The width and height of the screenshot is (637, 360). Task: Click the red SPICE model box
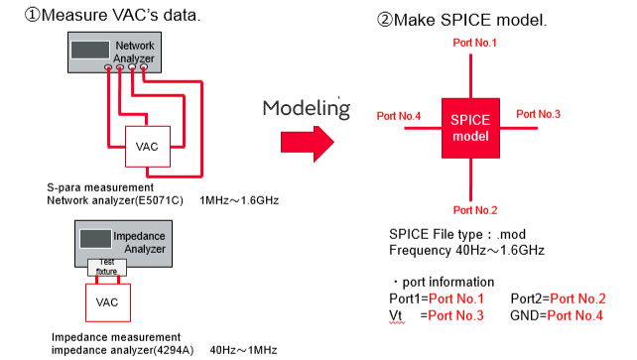click(x=470, y=128)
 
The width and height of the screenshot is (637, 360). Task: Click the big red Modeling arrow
click(x=308, y=144)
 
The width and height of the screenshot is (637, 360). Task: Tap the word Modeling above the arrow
click(x=306, y=108)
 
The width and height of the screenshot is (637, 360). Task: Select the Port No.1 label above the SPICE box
click(x=474, y=43)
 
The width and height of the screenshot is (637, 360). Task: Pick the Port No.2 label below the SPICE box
click(x=475, y=210)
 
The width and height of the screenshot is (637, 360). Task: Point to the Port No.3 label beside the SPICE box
click(x=538, y=114)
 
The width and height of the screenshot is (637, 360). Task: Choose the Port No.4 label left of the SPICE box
click(x=399, y=116)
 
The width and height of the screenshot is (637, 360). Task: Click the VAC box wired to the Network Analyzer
click(x=148, y=147)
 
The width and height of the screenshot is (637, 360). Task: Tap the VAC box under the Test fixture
click(x=108, y=302)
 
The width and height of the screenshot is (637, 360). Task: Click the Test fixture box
click(x=107, y=267)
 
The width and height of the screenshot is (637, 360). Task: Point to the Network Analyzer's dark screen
click(x=90, y=50)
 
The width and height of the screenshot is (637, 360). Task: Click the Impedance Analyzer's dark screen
click(x=95, y=239)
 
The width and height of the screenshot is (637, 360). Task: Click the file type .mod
click(x=511, y=234)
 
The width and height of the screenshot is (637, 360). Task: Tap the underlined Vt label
click(x=396, y=315)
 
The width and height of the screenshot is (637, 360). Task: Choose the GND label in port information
click(x=527, y=315)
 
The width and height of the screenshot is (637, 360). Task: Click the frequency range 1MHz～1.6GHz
click(x=239, y=200)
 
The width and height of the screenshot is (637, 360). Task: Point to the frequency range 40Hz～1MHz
click(x=243, y=350)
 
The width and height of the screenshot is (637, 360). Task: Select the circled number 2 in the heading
click(x=384, y=20)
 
